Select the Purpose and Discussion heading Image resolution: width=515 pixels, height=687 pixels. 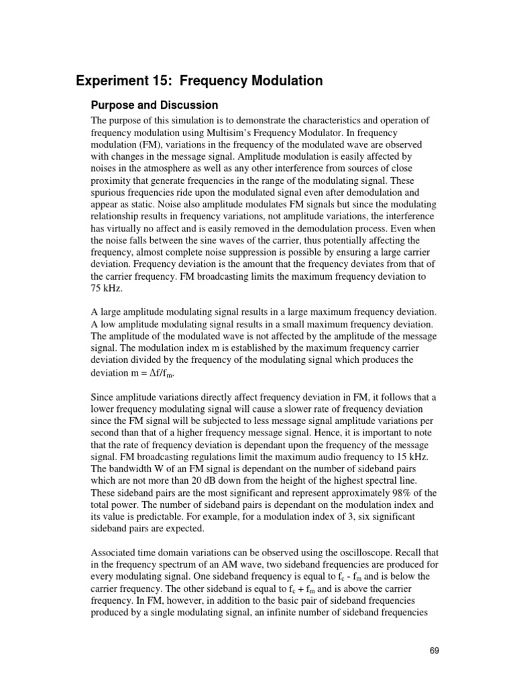[x=154, y=105]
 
